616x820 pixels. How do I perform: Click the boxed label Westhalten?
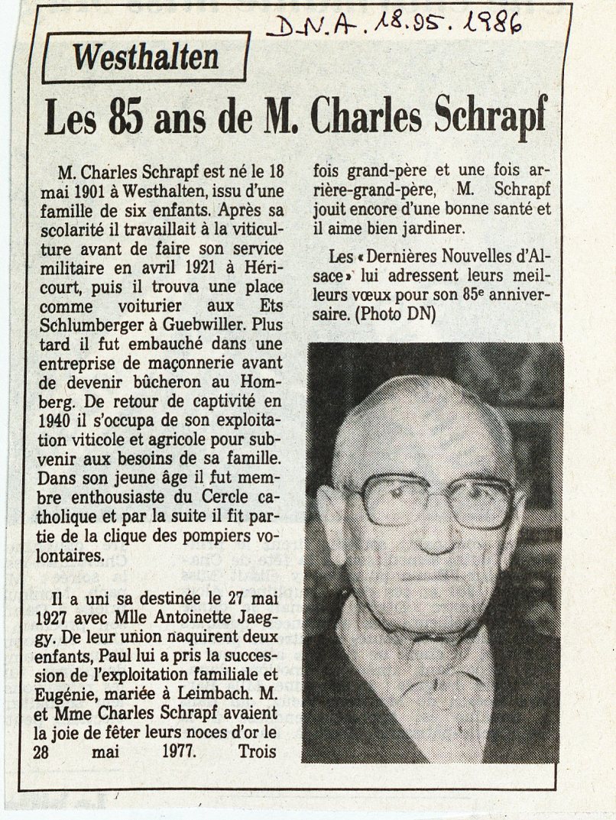click(x=145, y=57)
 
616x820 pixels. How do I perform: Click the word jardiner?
click(x=437, y=228)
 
